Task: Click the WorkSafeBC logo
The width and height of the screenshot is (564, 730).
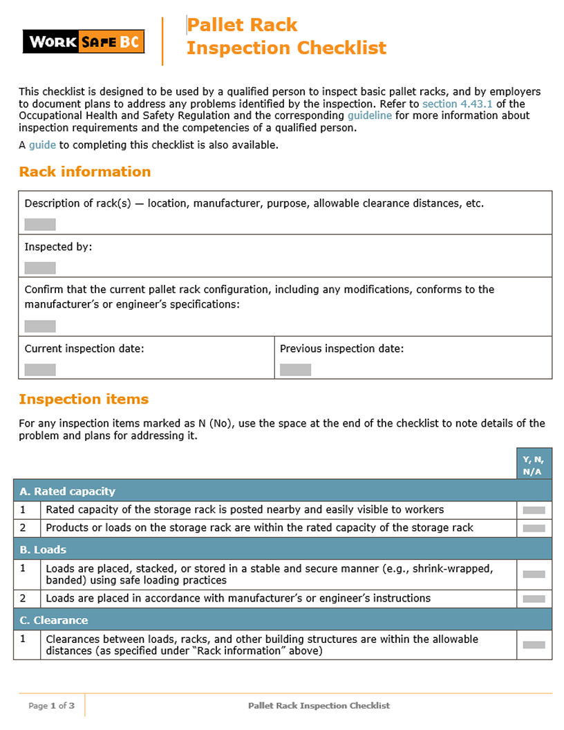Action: point(84,42)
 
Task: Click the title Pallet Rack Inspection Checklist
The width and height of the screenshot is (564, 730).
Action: point(285,37)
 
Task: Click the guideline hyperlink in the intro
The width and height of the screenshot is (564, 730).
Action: point(369,115)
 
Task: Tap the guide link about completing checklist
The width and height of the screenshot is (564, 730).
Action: point(42,145)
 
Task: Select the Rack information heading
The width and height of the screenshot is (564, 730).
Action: point(84,172)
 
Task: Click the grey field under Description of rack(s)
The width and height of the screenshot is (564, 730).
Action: point(40,225)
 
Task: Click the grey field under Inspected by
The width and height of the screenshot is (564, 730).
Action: point(40,268)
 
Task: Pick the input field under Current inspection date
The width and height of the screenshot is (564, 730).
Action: point(40,370)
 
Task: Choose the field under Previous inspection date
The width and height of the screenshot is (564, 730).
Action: point(295,370)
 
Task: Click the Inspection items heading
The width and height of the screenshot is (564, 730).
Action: point(84,400)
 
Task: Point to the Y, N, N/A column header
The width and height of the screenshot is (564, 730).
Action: point(534,464)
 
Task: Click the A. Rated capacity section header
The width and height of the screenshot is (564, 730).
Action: point(67,492)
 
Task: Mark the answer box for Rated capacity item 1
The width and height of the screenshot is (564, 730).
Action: point(534,510)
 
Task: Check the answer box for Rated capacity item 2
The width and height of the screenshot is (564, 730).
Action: point(534,528)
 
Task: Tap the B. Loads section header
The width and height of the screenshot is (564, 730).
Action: point(43,550)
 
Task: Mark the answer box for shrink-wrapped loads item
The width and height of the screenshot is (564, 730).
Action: point(534,574)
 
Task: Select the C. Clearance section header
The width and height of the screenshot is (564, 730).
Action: point(54,620)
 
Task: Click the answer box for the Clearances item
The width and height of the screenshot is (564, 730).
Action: point(534,645)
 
